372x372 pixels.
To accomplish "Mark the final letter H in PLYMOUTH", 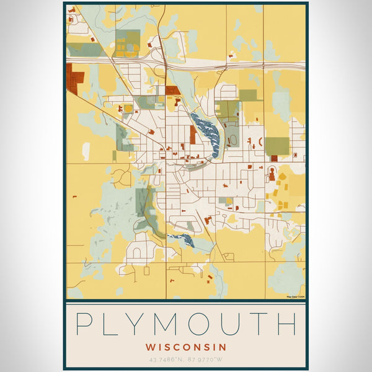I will click(x=287, y=325).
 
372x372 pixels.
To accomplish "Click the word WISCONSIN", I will click(x=186, y=347).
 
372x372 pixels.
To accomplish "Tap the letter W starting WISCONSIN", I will click(x=151, y=347).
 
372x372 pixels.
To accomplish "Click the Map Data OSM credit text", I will click(x=294, y=296).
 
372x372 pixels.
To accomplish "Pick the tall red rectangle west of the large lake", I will click(x=193, y=135).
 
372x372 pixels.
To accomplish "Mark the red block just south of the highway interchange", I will click(x=172, y=91).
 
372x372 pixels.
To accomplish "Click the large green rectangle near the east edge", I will click(x=277, y=146).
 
